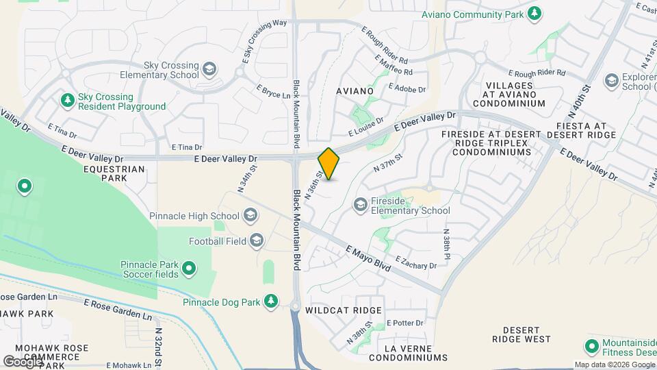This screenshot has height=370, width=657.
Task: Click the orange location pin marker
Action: tap(328, 164)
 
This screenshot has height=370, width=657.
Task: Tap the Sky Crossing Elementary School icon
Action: tap(209, 69)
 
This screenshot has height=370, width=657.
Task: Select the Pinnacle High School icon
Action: tap(250, 217)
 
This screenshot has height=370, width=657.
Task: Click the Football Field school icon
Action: tap(257, 240)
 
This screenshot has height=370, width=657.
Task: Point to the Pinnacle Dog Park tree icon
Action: tap(272, 301)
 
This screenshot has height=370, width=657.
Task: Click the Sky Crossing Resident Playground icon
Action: tap(68, 101)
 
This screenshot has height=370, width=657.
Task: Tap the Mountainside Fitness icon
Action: tap(591, 347)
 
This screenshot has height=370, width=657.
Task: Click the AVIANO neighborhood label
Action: tap(355, 91)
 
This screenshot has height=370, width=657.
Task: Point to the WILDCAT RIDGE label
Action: tap(344, 310)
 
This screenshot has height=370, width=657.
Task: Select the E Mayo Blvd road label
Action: tap(368, 258)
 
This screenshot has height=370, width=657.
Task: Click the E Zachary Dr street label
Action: tap(415, 262)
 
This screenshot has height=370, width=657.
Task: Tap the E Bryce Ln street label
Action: tap(274, 91)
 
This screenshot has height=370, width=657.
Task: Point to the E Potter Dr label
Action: tap(407, 322)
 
